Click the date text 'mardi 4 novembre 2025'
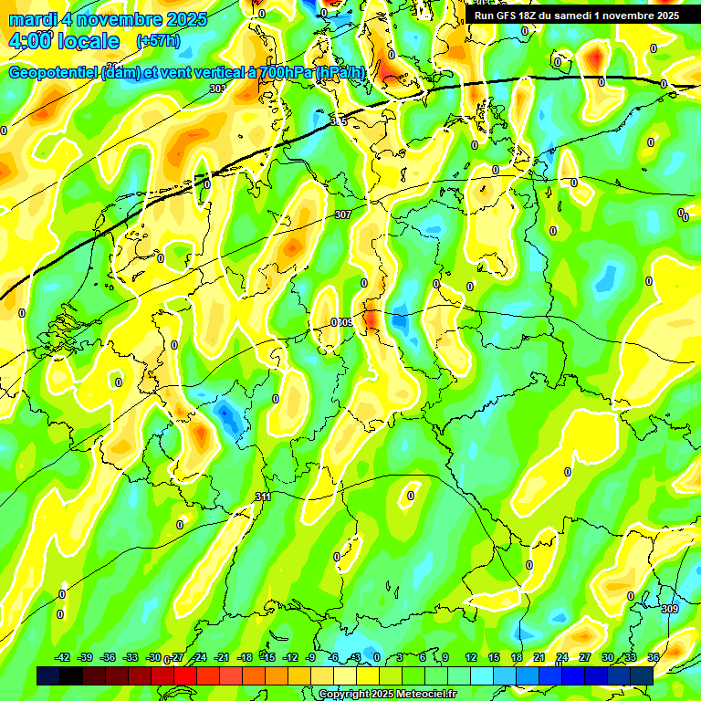click(108, 19)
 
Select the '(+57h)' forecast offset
click(158, 41)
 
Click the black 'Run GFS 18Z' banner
click(576, 16)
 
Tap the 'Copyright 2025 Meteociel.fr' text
click(388, 695)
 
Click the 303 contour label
click(216, 89)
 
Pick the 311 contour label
click(263, 497)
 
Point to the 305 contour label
click(339, 120)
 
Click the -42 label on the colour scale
click(63, 657)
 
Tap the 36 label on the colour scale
click(654, 657)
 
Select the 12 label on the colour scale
click(470, 657)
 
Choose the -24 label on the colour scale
click(199, 657)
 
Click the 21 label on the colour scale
click(539, 657)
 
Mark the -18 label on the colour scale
click(245, 657)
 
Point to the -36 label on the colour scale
click(109, 657)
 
